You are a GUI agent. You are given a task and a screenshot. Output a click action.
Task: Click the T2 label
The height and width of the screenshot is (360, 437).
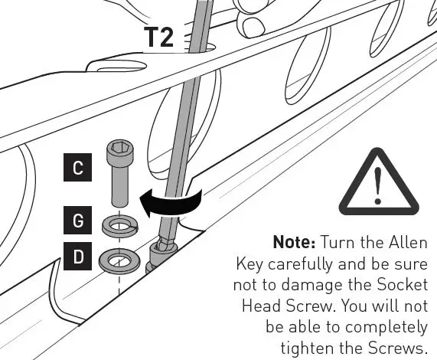click(158, 37)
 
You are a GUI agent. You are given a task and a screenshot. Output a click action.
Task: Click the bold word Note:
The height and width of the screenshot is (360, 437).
click(295, 243)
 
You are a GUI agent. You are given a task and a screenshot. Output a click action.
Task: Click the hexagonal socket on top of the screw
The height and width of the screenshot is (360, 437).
click(119, 146)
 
